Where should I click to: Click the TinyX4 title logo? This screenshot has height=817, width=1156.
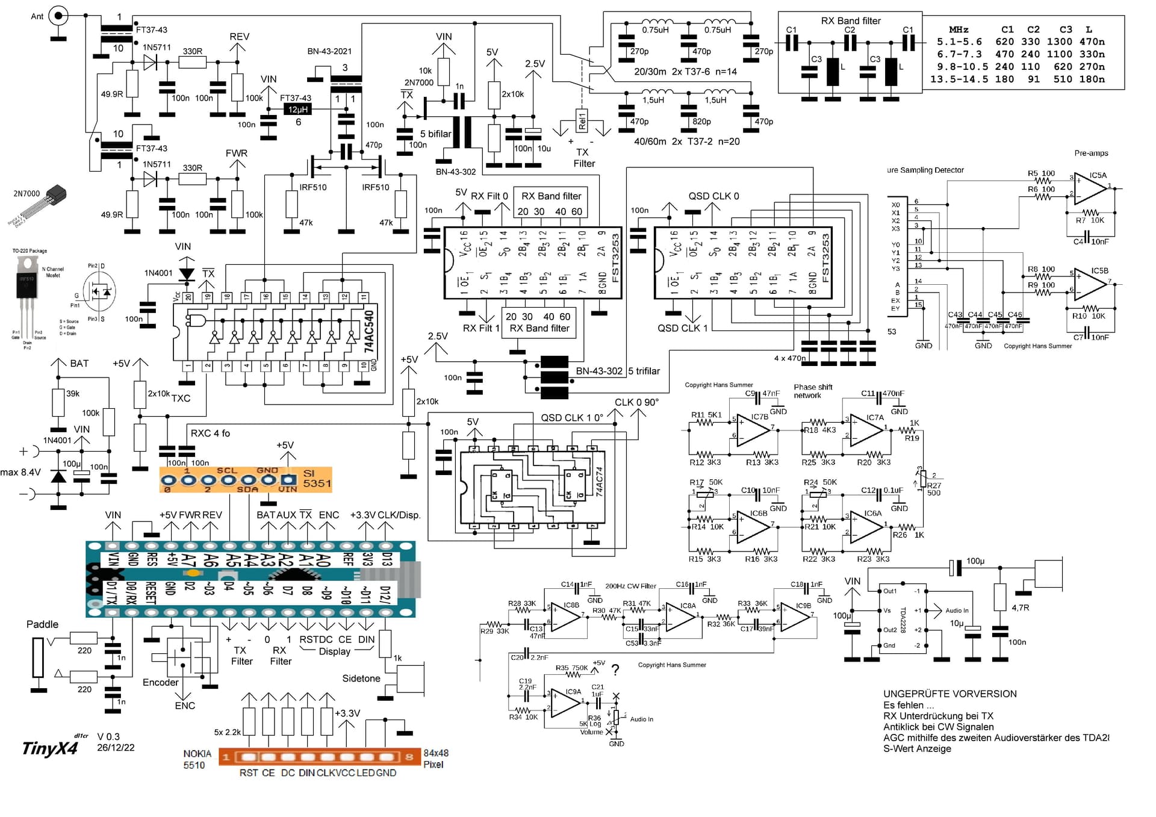click(50, 748)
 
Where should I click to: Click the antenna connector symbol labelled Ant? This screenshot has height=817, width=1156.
click(58, 16)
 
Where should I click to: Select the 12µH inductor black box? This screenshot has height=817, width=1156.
click(297, 109)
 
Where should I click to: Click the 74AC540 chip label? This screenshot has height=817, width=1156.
click(369, 332)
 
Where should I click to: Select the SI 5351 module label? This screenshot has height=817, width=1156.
click(317, 479)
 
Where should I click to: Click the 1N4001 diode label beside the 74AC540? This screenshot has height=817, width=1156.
click(158, 273)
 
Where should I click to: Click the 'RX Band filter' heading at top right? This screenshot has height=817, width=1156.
click(850, 20)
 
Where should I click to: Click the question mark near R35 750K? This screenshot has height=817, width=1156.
click(615, 669)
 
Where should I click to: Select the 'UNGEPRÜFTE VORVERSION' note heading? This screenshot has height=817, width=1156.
click(949, 694)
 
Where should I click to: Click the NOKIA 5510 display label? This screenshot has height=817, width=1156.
click(197, 759)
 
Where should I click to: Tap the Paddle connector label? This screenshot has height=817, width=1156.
click(42, 624)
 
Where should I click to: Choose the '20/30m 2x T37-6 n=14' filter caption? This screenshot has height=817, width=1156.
click(685, 72)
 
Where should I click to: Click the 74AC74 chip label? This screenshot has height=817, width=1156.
click(599, 481)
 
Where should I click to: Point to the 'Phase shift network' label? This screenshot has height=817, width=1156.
click(812, 391)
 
